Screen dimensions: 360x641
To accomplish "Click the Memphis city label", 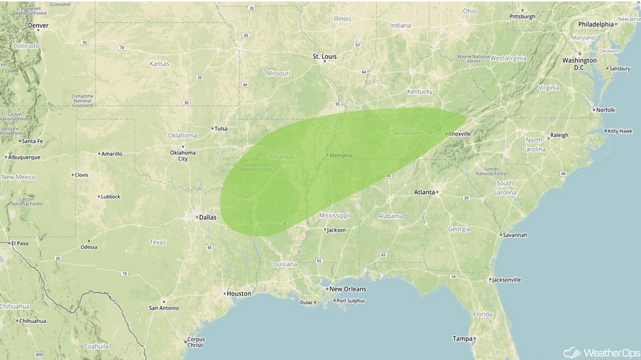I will tap(341, 155).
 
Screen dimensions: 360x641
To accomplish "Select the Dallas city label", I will tap(207, 218).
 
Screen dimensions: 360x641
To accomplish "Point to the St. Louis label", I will tap(325, 56).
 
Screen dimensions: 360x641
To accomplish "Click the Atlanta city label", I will tap(424, 192).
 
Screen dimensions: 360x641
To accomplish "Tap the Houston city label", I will tap(239, 294).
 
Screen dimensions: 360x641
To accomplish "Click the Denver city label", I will tap(38, 26).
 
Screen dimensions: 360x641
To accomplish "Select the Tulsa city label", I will tap(220, 128).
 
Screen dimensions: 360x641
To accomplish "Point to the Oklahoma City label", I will tap(183, 155).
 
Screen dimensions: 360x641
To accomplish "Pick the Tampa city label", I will tap(462, 338).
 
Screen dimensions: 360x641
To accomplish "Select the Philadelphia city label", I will tap(596, 25).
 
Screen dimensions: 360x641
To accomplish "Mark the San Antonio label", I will tap(164, 308).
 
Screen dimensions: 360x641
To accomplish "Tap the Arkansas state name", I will tap(282, 157).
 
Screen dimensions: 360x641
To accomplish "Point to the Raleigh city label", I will tap(559, 135).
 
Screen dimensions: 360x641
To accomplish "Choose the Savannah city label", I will tap(514, 235).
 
